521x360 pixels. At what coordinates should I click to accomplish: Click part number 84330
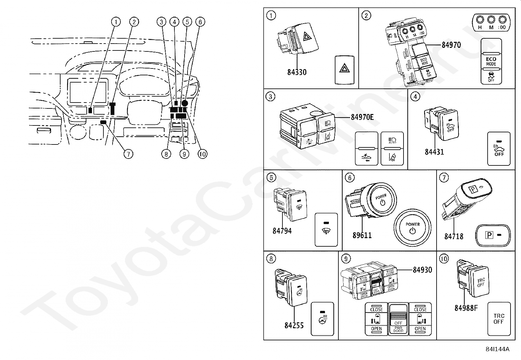[297, 72]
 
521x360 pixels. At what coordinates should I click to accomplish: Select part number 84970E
[362, 117]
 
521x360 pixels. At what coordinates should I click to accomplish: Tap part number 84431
[434, 152]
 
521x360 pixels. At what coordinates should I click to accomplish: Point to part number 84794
[282, 231]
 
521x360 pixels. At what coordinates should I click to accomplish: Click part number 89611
[362, 235]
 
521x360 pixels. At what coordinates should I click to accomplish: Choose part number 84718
[454, 236]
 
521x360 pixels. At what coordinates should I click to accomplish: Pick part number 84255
[294, 325]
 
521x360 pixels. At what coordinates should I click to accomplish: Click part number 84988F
[466, 308]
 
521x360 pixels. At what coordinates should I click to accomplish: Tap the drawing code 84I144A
[497, 349]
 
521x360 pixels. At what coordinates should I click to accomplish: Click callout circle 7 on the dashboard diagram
[128, 154]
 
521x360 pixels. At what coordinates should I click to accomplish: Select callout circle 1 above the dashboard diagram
[116, 22]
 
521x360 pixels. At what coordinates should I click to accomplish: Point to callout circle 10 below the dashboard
[203, 154]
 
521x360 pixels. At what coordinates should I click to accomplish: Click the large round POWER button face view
[412, 228]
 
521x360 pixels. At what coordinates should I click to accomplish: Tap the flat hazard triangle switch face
[344, 69]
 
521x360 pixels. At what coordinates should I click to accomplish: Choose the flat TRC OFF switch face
[499, 319]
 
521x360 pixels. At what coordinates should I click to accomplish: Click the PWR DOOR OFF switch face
[398, 319]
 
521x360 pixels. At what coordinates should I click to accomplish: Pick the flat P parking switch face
[494, 235]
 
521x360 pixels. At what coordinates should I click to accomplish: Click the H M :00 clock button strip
[491, 23]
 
